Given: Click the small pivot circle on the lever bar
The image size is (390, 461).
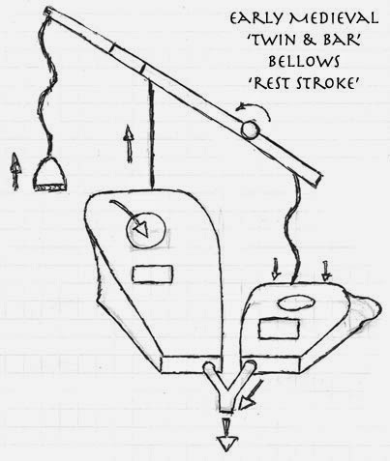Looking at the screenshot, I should click(251, 130).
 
